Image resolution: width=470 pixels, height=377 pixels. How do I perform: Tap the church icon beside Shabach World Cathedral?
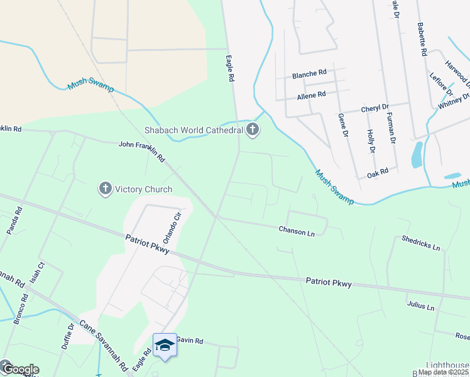tap(253, 130)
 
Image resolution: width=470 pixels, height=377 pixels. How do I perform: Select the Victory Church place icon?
tap(105, 188)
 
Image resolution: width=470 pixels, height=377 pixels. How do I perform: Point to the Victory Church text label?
tap(141, 188)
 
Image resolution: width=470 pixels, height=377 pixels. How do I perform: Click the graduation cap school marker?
tap(165, 345)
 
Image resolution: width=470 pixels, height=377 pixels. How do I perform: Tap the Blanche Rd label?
tap(309, 75)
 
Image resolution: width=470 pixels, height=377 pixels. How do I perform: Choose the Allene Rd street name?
tap(311, 95)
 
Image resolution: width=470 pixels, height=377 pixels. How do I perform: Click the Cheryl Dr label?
tap(375, 108)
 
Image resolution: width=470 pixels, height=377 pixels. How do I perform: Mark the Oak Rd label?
tap(378, 170)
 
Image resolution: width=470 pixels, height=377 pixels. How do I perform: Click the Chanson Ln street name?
tap(297, 231)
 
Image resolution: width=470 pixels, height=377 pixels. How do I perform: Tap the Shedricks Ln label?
tap(421, 243)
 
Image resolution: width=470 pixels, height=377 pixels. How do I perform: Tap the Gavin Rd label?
tap(190, 341)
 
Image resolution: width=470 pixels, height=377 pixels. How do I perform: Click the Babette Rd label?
tap(422, 40)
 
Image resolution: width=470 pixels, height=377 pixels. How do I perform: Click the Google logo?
tap(20, 369)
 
